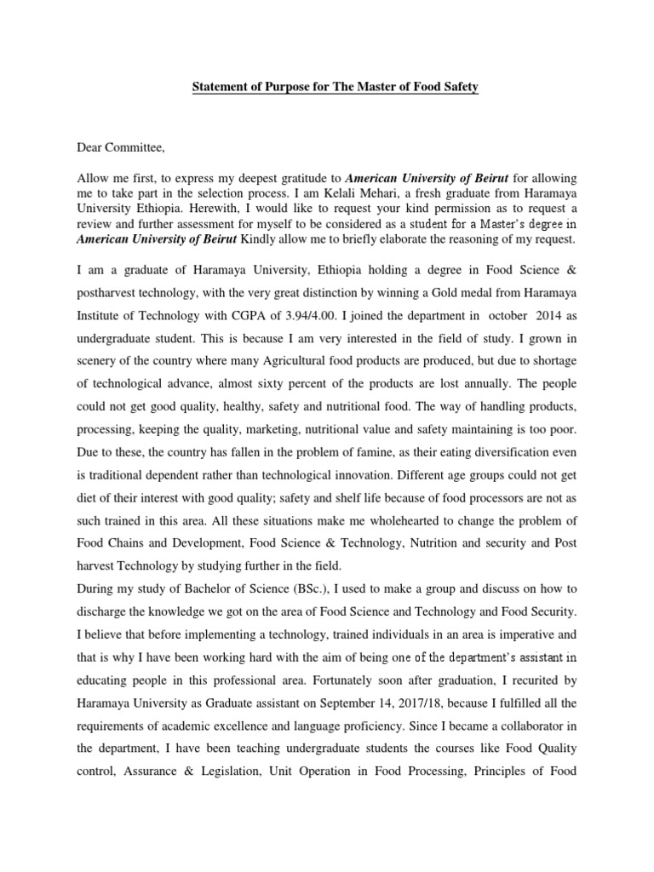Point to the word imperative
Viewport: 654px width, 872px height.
click(531, 634)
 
